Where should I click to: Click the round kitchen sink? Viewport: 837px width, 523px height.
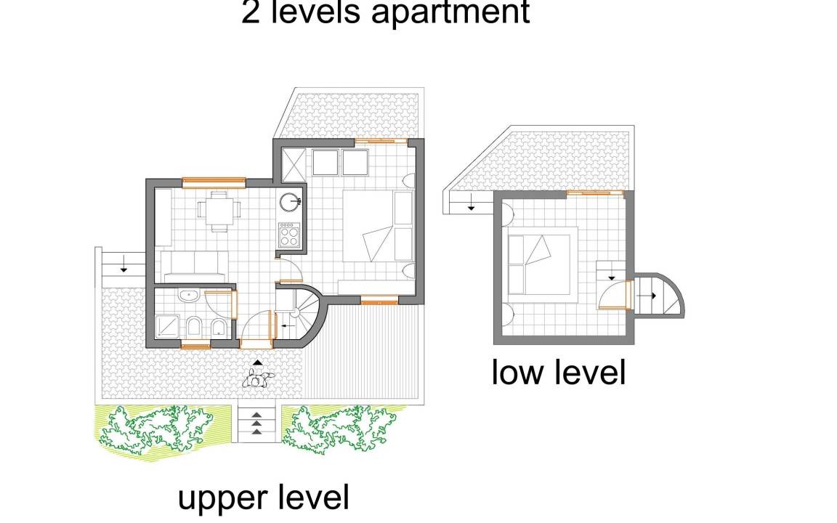290,202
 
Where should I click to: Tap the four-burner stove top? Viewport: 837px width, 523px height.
288,235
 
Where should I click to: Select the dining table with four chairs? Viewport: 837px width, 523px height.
219,210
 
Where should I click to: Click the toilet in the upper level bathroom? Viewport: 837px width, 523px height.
194,326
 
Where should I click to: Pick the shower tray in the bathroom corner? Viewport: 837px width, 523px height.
168,326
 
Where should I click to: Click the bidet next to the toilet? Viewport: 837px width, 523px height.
219,327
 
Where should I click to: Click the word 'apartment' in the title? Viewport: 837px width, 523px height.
450,13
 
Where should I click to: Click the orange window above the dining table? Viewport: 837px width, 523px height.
214,182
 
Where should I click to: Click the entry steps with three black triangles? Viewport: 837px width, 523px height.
256,423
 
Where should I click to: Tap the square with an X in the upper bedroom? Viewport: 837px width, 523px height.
293,162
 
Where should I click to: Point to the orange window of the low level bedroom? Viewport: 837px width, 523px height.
594,192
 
